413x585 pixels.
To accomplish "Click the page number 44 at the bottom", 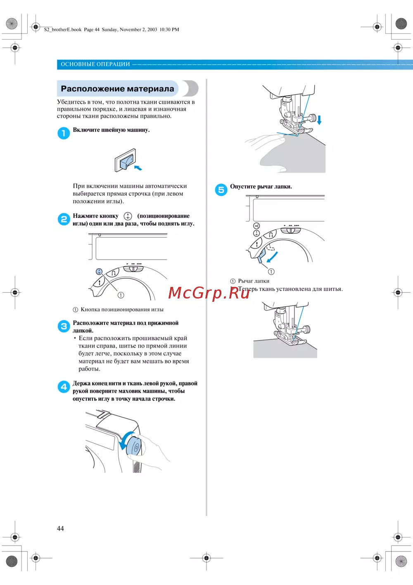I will click(x=60, y=528).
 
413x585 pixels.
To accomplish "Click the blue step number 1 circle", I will click(x=64, y=133).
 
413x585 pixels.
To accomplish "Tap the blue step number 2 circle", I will click(x=64, y=219).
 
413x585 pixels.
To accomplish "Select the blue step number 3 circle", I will click(x=64, y=326).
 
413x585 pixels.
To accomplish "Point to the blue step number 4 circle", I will click(x=64, y=387).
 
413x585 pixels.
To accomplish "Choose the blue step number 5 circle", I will click(x=221, y=190).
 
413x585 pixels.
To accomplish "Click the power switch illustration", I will click(x=126, y=160).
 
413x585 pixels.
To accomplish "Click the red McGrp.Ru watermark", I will click(x=209, y=293).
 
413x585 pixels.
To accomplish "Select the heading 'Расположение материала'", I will click(x=118, y=88).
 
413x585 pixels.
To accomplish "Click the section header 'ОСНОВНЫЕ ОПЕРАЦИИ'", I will click(x=95, y=64).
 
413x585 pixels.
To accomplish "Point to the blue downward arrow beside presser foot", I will click(x=319, y=120).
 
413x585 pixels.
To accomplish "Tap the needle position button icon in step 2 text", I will click(x=128, y=216).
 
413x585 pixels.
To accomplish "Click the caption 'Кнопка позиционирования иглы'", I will click(x=122, y=309).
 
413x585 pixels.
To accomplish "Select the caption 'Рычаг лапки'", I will click(x=254, y=281).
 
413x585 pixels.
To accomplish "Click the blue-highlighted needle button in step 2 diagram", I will click(x=99, y=272).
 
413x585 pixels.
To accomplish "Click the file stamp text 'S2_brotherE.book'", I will click(x=63, y=29).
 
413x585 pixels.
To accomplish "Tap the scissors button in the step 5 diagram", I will click(x=256, y=226).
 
